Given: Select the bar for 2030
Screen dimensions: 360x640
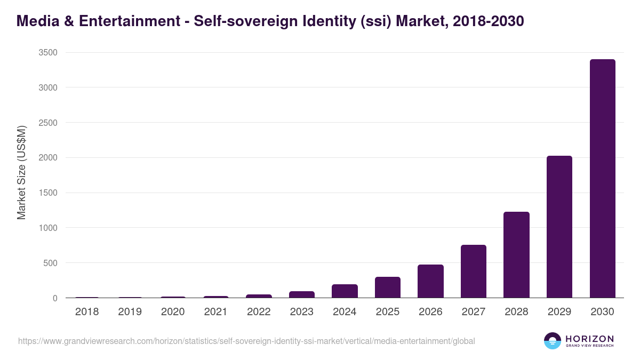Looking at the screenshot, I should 602,179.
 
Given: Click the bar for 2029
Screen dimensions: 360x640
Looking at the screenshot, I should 559,227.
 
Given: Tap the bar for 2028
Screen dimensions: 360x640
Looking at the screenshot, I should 516,255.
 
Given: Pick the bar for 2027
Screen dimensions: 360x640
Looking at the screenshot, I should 474,271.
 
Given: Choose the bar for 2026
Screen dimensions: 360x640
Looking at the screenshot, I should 430,281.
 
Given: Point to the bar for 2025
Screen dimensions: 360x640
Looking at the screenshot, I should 388,287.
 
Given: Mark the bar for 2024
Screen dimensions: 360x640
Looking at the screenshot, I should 345,291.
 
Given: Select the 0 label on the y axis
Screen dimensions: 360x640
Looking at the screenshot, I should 55,298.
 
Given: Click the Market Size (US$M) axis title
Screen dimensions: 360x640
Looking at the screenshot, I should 21,172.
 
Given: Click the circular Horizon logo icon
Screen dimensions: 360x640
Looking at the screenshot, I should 553,341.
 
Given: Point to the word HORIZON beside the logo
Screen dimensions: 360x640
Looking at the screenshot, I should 589,339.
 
